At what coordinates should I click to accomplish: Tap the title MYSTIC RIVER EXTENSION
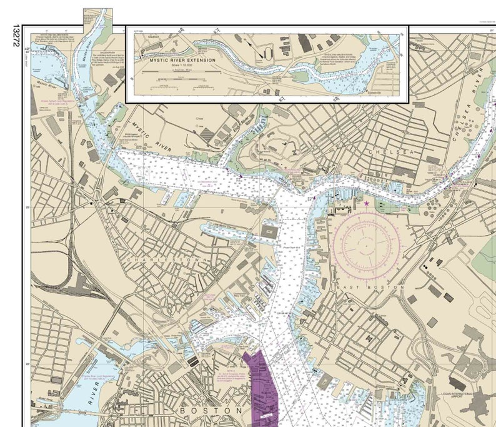(x=183, y=61)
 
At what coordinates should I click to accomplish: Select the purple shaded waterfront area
(x=262, y=384)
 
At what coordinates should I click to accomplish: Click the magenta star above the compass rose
(x=366, y=203)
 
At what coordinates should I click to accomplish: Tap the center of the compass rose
(x=365, y=241)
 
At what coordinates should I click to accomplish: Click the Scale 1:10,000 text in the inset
(x=182, y=67)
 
